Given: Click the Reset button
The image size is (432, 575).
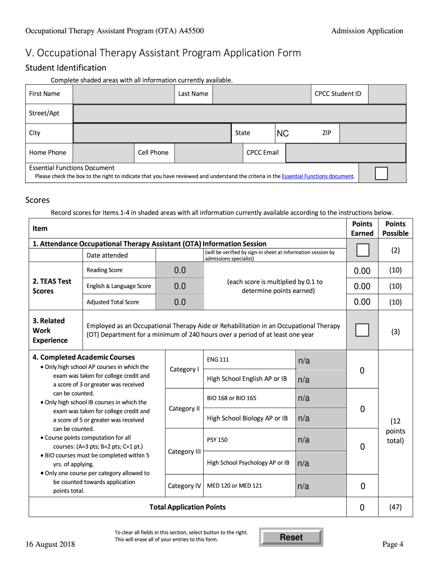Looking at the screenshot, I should [x=291, y=537].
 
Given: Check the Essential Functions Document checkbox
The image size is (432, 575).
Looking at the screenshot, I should [x=381, y=173].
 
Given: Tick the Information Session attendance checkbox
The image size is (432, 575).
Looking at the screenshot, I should [x=362, y=250].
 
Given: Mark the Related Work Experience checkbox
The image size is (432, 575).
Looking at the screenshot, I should [x=362, y=330].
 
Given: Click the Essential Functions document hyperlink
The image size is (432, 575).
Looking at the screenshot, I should [x=318, y=176].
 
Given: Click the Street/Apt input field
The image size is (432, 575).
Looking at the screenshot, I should [x=239, y=113].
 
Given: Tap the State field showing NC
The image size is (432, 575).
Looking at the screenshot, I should [x=296, y=134].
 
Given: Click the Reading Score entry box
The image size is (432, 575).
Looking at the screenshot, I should [x=180, y=271].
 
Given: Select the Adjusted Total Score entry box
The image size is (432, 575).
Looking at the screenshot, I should [x=180, y=302].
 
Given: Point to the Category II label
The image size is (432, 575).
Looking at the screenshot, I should [x=184, y=408].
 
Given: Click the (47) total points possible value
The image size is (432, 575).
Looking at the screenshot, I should [x=395, y=508].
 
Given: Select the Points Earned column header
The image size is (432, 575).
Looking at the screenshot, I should [x=362, y=229].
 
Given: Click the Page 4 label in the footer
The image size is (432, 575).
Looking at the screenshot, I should [x=393, y=544].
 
